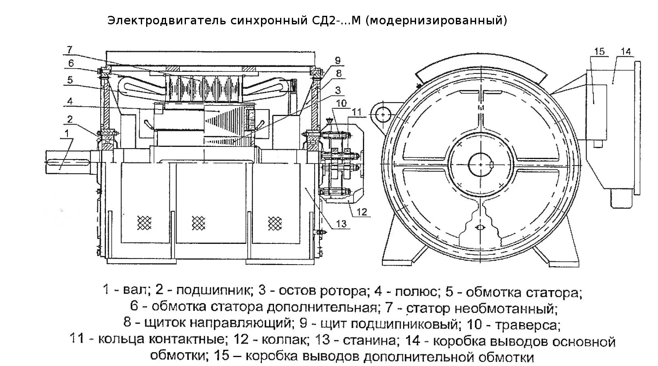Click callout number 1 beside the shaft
coord(67,133)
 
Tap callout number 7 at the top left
coord(69,50)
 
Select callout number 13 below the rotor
coord(341,224)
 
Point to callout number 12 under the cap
coord(362,211)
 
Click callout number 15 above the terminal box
coord(599,52)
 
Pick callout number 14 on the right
coord(626,52)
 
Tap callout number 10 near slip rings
coord(341,103)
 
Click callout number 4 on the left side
coord(70,101)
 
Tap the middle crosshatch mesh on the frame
coord(198,222)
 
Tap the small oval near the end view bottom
coord(481,227)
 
